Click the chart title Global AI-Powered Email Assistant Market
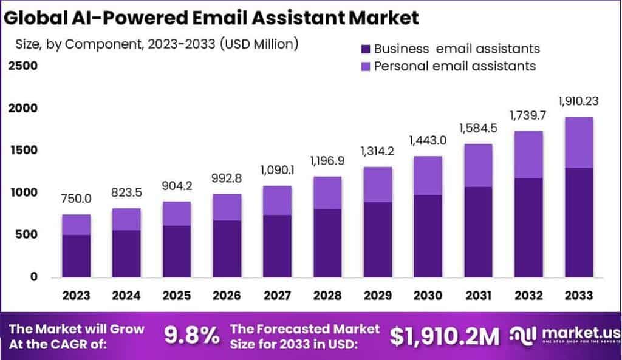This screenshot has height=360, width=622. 211,18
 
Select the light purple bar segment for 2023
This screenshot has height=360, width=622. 76,225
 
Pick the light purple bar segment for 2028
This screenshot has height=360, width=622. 327,192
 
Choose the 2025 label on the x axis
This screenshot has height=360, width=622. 176,296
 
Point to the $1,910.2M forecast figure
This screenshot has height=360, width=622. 445,335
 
